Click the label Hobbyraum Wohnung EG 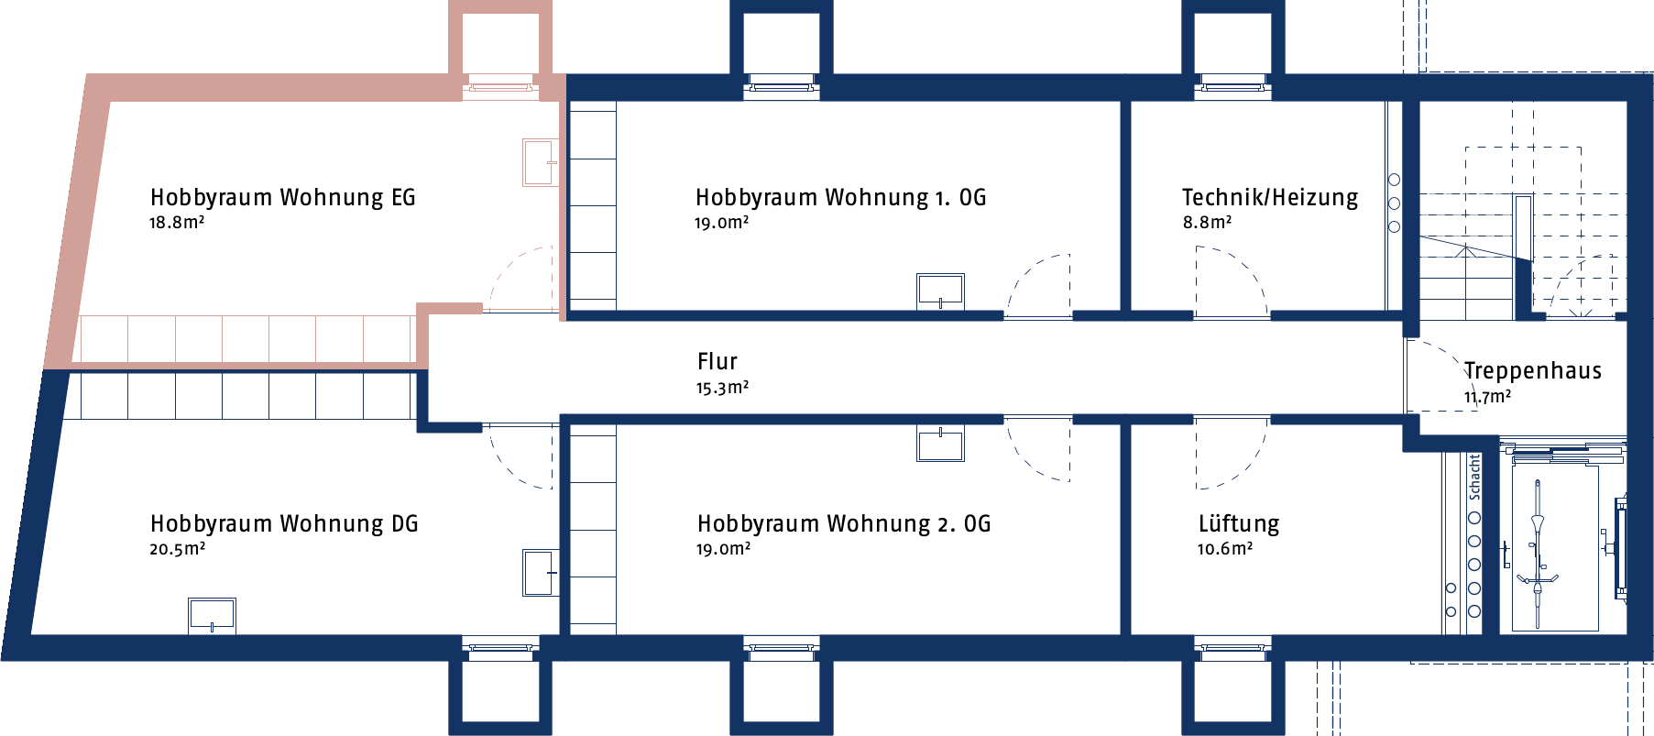tap(282, 198)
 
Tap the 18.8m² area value tap(177, 223)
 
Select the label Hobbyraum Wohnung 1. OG tap(840, 198)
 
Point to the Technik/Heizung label tap(1270, 198)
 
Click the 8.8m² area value tap(1207, 223)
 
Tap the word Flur tap(717, 362)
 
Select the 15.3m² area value tap(722, 388)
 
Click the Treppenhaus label tap(1533, 371)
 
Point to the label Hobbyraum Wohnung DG tap(284, 524)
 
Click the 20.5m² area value tap(178, 549)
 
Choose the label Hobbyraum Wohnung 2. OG tap(844, 524)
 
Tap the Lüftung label tap(1239, 524)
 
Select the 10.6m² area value tap(1225, 549)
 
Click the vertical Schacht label tap(1474, 477)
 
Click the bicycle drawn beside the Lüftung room tap(1538, 555)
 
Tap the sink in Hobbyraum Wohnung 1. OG tap(940, 291)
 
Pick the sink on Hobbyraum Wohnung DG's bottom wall tap(212, 616)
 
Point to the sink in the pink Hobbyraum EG tap(540, 162)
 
